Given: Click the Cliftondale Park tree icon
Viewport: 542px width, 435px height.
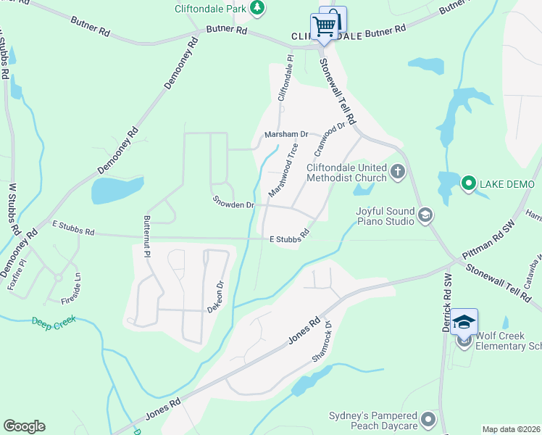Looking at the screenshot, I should pyautogui.click(x=257, y=8).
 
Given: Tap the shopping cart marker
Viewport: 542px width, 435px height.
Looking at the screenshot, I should pyautogui.click(x=325, y=25).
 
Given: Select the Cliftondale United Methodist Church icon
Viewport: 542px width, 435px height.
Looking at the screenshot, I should pyautogui.click(x=397, y=171).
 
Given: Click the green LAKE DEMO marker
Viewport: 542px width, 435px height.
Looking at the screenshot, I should pyautogui.click(x=468, y=183).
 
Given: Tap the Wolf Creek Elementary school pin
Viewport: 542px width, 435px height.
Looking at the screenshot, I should pyautogui.click(x=464, y=321).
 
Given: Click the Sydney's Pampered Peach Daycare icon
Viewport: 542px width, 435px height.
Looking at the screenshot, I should pyautogui.click(x=429, y=419).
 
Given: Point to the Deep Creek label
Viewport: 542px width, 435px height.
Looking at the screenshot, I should pyautogui.click(x=54, y=320).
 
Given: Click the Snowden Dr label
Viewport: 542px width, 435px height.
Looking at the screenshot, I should pyautogui.click(x=233, y=203).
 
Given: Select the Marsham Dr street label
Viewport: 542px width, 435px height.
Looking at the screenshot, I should pyautogui.click(x=286, y=135).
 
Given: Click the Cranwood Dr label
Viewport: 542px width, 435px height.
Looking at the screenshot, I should pyautogui.click(x=330, y=140).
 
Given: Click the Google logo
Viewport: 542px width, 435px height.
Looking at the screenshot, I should pyautogui.click(x=24, y=426).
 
